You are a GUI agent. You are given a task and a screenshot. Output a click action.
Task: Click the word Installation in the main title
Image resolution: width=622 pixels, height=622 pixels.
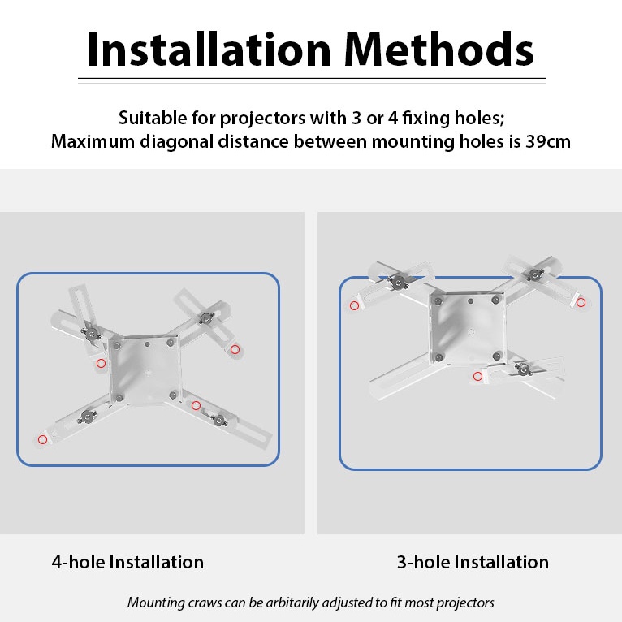(209, 50)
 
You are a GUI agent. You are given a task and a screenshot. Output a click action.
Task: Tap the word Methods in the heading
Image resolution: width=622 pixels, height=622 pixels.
(439, 50)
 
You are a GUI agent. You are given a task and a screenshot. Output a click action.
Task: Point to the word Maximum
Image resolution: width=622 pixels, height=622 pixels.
(93, 141)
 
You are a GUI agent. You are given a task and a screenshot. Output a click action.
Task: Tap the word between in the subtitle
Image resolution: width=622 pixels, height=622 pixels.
(330, 141)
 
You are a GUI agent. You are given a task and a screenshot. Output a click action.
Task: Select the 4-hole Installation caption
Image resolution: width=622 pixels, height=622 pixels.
(127, 562)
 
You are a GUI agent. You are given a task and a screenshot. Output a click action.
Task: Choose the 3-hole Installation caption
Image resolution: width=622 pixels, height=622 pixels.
(473, 562)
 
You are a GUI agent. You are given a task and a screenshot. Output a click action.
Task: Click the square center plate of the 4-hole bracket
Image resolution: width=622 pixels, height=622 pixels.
(145, 369)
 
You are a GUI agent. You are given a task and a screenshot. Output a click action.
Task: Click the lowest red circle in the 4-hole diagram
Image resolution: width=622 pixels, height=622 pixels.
(42, 439)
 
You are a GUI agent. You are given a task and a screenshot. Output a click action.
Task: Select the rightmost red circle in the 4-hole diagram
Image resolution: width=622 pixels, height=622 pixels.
(235, 349)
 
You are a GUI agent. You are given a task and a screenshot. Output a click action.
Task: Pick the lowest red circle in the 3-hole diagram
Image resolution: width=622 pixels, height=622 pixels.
(478, 376)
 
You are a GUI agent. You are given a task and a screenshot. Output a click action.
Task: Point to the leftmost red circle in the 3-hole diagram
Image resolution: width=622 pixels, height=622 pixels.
(354, 305)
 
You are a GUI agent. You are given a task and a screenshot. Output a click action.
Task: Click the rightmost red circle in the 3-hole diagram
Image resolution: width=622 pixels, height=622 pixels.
(581, 303)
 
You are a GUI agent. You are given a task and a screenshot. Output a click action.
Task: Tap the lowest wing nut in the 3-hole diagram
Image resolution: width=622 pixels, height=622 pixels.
(523, 369)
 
